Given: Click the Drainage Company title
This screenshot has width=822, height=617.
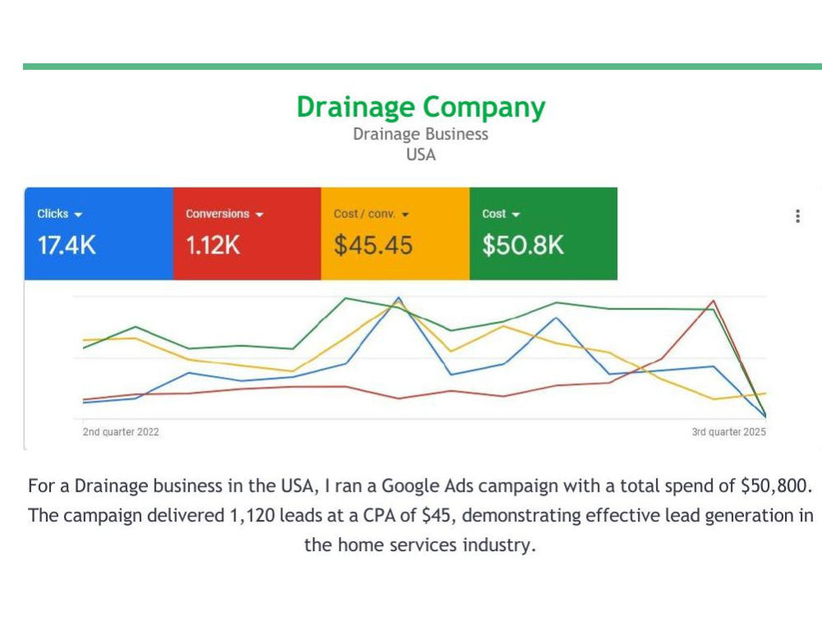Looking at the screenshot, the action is point(421,108).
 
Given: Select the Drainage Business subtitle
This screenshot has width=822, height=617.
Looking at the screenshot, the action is point(420,134).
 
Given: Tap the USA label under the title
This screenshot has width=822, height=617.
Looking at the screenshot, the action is point(421,155).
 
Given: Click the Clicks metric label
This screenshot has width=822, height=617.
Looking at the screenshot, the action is point(53,214).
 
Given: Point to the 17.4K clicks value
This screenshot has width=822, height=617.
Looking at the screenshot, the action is point(67,245).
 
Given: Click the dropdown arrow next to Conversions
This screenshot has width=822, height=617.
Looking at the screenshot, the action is point(259,215).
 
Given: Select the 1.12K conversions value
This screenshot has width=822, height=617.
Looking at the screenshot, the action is point(213,245).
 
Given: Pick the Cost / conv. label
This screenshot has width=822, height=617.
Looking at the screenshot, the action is point(364,214).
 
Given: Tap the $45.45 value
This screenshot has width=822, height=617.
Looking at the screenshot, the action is point(373,245).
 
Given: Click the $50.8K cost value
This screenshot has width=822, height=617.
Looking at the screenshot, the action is point(523,245).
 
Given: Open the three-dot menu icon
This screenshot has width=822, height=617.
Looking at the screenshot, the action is point(798,216).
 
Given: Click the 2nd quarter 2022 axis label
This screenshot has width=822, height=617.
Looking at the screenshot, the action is point(121,432).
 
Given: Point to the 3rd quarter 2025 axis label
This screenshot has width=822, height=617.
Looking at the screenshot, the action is point(728,432).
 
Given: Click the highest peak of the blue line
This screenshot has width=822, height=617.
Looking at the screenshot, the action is point(399,298).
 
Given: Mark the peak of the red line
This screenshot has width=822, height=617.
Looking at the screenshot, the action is point(713,300).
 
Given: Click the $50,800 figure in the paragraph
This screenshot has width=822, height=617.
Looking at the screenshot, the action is point(775,486).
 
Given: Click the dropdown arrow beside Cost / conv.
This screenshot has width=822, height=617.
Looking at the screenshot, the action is point(405,215).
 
